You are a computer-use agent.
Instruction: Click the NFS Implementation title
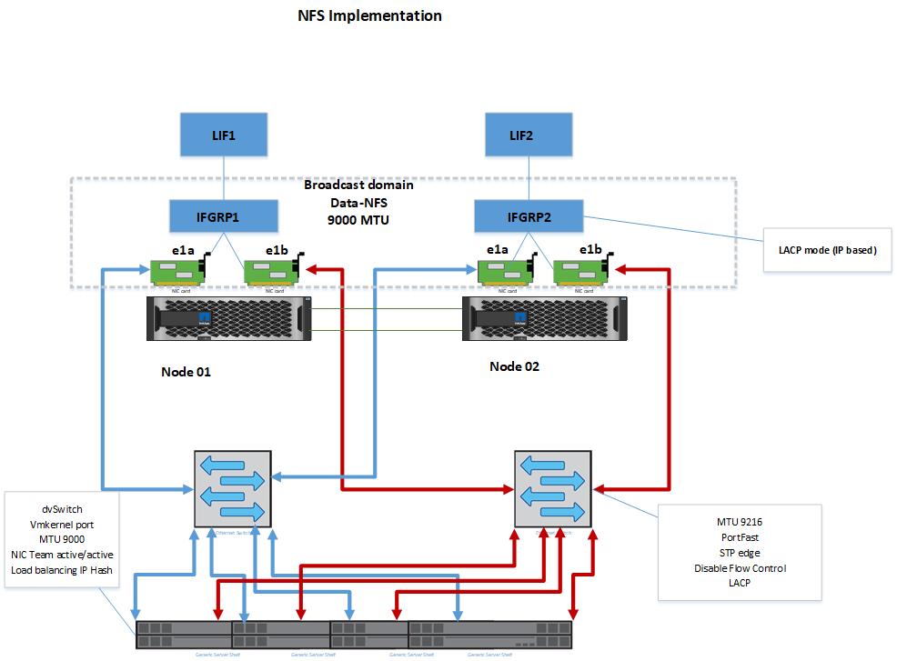369,15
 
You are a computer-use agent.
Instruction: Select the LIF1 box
224,136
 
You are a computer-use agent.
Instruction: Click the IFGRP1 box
224,218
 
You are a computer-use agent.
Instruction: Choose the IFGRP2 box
529,218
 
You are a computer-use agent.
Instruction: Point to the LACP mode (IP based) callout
827,249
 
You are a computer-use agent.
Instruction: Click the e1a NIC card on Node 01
177,272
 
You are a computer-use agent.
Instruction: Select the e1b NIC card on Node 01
269,272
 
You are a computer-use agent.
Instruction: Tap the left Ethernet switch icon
233,491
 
